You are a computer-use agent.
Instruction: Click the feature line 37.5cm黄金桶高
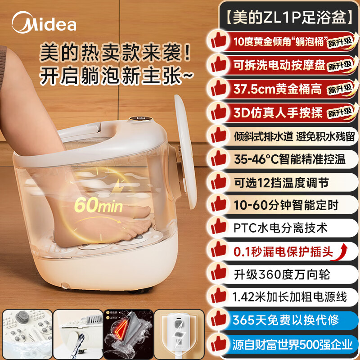[277, 89]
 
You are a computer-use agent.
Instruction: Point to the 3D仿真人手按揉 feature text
[278, 112]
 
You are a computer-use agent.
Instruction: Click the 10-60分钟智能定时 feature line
[286, 205]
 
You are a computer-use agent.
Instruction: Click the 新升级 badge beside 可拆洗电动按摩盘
[338, 66]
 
